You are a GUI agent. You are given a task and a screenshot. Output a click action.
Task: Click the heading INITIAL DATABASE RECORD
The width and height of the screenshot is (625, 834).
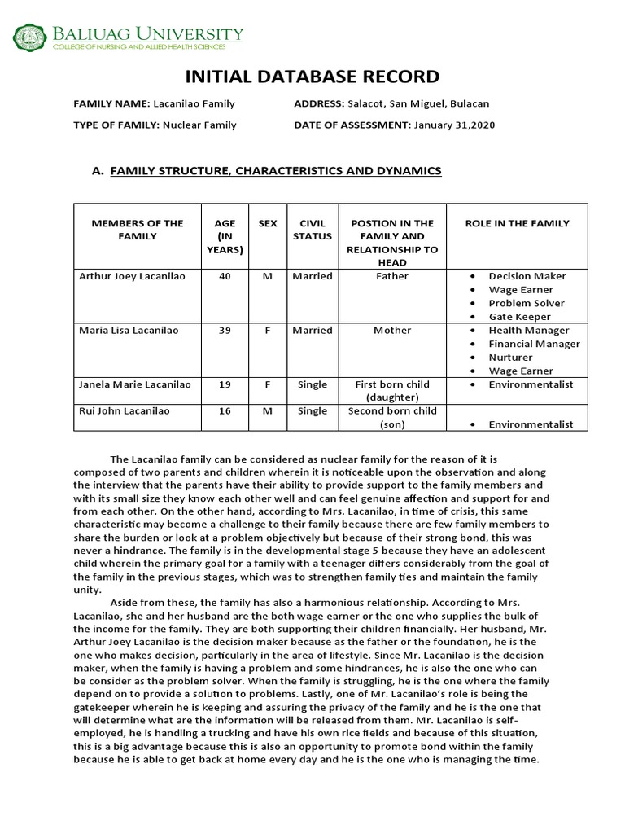click(x=312, y=77)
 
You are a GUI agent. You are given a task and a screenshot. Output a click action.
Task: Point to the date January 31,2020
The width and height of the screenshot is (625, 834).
click(x=454, y=125)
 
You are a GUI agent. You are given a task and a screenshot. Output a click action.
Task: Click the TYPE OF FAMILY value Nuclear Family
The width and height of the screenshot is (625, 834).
click(x=199, y=125)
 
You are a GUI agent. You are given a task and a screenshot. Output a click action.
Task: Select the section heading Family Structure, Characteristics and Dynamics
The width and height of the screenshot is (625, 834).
click(x=275, y=170)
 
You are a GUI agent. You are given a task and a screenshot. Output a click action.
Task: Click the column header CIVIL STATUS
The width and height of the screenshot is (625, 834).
click(x=312, y=230)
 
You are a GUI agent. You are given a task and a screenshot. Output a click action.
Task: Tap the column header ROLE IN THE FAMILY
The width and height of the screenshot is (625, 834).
click(x=517, y=223)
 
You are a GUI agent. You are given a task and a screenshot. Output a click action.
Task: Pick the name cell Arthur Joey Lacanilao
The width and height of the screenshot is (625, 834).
click(x=132, y=276)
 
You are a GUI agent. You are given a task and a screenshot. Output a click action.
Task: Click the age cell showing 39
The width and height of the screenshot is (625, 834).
click(x=225, y=331)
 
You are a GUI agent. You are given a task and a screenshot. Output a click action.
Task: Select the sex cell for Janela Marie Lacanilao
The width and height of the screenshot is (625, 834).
click(x=267, y=384)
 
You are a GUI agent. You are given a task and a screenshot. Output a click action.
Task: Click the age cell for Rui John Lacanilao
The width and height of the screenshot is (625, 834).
click(x=225, y=411)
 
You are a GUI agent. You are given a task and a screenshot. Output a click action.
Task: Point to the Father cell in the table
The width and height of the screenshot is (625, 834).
click(x=391, y=276)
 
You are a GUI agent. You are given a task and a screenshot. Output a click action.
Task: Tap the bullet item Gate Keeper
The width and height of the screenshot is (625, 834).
click(x=519, y=317)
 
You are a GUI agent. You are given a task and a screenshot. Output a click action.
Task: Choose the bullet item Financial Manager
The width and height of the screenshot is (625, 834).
click(x=534, y=344)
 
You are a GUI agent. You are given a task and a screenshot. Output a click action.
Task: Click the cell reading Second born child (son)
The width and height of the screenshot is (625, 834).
click(x=391, y=418)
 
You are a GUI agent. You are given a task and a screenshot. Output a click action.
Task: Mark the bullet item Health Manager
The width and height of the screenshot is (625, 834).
click(x=528, y=331)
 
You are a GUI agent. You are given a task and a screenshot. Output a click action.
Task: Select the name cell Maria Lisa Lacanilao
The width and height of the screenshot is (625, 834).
click(x=128, y=331)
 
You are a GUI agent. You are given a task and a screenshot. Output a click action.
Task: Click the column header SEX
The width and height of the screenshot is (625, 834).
click(x=267, y=223)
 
